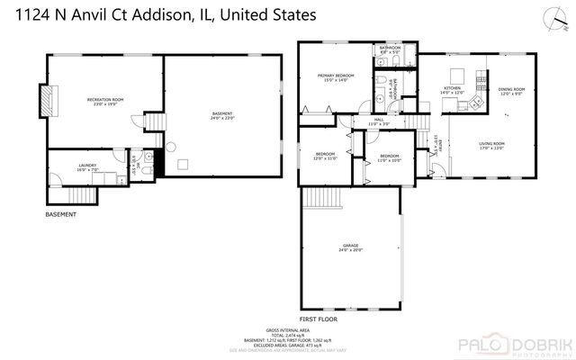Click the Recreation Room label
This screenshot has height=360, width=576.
[105, 100]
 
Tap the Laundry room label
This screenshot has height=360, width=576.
[87, 166]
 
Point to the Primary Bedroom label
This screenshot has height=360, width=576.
[332, 77]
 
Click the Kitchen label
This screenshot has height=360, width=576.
[451, 90]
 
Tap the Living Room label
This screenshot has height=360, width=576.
[491, 146]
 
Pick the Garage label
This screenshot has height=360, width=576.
[349, 247]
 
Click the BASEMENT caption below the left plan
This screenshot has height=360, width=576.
[61, 215]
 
